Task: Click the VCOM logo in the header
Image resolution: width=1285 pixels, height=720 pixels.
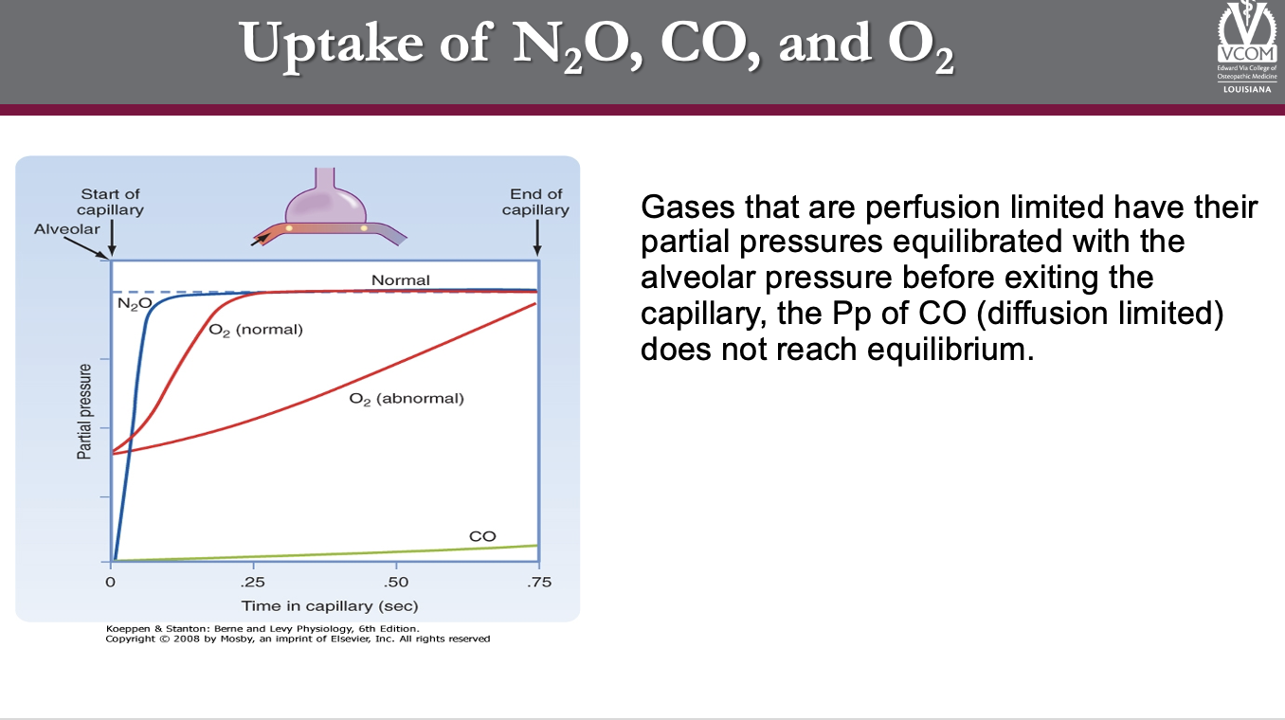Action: click(1247, 47)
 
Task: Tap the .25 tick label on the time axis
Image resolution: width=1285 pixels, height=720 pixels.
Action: click(252, 583)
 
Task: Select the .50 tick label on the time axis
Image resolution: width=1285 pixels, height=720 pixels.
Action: click(396, 583)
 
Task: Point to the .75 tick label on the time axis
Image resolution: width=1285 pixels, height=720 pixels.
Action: click(539, 583)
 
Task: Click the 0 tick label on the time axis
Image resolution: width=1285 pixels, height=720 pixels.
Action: click(110, 583)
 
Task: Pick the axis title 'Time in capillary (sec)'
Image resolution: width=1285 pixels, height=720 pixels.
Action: click(330, 606)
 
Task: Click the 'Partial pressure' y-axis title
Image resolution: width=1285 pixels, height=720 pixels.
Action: click(84, 412)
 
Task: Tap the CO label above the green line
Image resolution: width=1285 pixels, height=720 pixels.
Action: click(482, 536)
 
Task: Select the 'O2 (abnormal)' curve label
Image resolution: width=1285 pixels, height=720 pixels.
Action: click(407, 399)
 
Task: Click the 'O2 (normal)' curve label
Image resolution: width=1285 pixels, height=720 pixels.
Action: click(255, 330)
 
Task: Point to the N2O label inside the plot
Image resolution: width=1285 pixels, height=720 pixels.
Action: click(135, 303)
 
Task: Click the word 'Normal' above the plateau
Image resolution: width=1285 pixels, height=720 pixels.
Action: click(401, 280)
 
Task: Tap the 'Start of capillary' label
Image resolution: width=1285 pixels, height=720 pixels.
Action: click(110, 202)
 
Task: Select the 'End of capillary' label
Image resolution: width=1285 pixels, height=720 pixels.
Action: click(535, 202)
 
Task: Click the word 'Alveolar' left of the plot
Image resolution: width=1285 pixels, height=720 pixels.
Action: click(66, 229)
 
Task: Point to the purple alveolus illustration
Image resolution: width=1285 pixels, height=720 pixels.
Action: click(325, 198)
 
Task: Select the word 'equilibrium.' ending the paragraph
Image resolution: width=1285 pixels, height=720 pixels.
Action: click(950, 350)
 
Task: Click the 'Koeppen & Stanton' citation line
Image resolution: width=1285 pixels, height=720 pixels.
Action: click(262, 629)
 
